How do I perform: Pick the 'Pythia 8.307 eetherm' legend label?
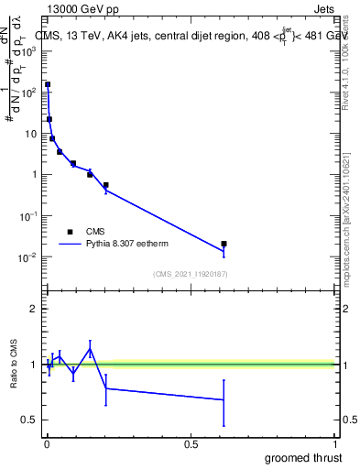pyautogui.click(x=127, y=245)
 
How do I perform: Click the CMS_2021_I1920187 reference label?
pyautogui.click(x=190, y=274)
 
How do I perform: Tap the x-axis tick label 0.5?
pyautogui.click(x=191, y=443)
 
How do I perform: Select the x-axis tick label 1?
pyautogui.click(x=336, y=443)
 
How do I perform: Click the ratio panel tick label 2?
pyautogui.click(x=32, y=310)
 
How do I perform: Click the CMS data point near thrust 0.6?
pyautogui.click(x=224, y=244)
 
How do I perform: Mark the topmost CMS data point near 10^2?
pyautogui.click(x=48, y=84)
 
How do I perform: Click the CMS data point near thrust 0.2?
pyautogui.click(x=106, y=185)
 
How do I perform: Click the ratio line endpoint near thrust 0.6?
pyautogui.click(x=224, y=399)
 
